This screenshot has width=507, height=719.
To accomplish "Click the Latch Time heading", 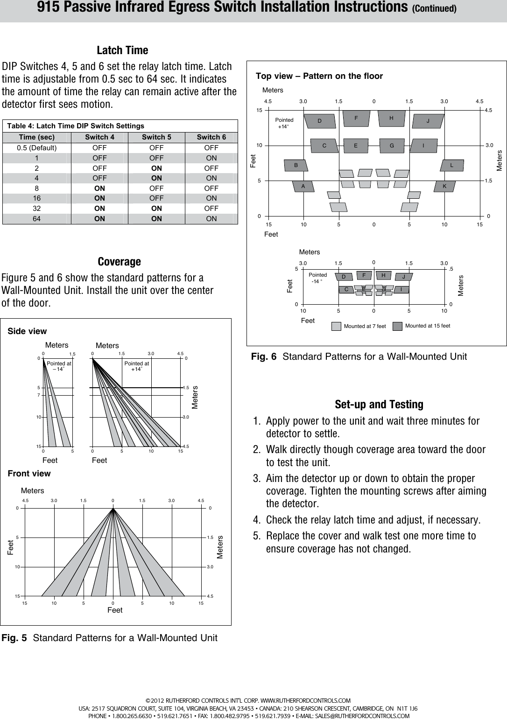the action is (122, 50).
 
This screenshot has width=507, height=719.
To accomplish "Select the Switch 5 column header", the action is (156, 137).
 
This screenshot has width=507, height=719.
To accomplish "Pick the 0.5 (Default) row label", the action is (37, 148).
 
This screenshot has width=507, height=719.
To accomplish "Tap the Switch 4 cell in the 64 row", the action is (99, 219).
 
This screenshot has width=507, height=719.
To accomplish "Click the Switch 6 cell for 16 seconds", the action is (211, 198).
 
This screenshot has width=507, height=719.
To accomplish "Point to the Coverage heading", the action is (119, 262).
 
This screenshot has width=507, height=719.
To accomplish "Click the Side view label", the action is (28, 331).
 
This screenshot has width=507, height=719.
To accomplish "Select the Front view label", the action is (29, 474).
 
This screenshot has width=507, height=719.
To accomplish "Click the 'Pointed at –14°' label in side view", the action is (59, 366).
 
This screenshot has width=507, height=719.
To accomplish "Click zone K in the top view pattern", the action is (444, 186).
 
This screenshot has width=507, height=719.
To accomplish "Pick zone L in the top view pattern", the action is (451, 165).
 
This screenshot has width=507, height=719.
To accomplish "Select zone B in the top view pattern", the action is (296, 165).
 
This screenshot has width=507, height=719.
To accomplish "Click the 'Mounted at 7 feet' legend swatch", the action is (336, 326).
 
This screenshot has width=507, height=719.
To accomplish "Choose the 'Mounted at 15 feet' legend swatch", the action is (397, 326).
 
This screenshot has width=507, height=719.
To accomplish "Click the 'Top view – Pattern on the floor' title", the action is (319, 76).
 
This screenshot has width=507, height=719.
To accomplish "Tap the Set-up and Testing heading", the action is (379, 405).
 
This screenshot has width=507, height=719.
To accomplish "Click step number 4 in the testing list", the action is (257, 520).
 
